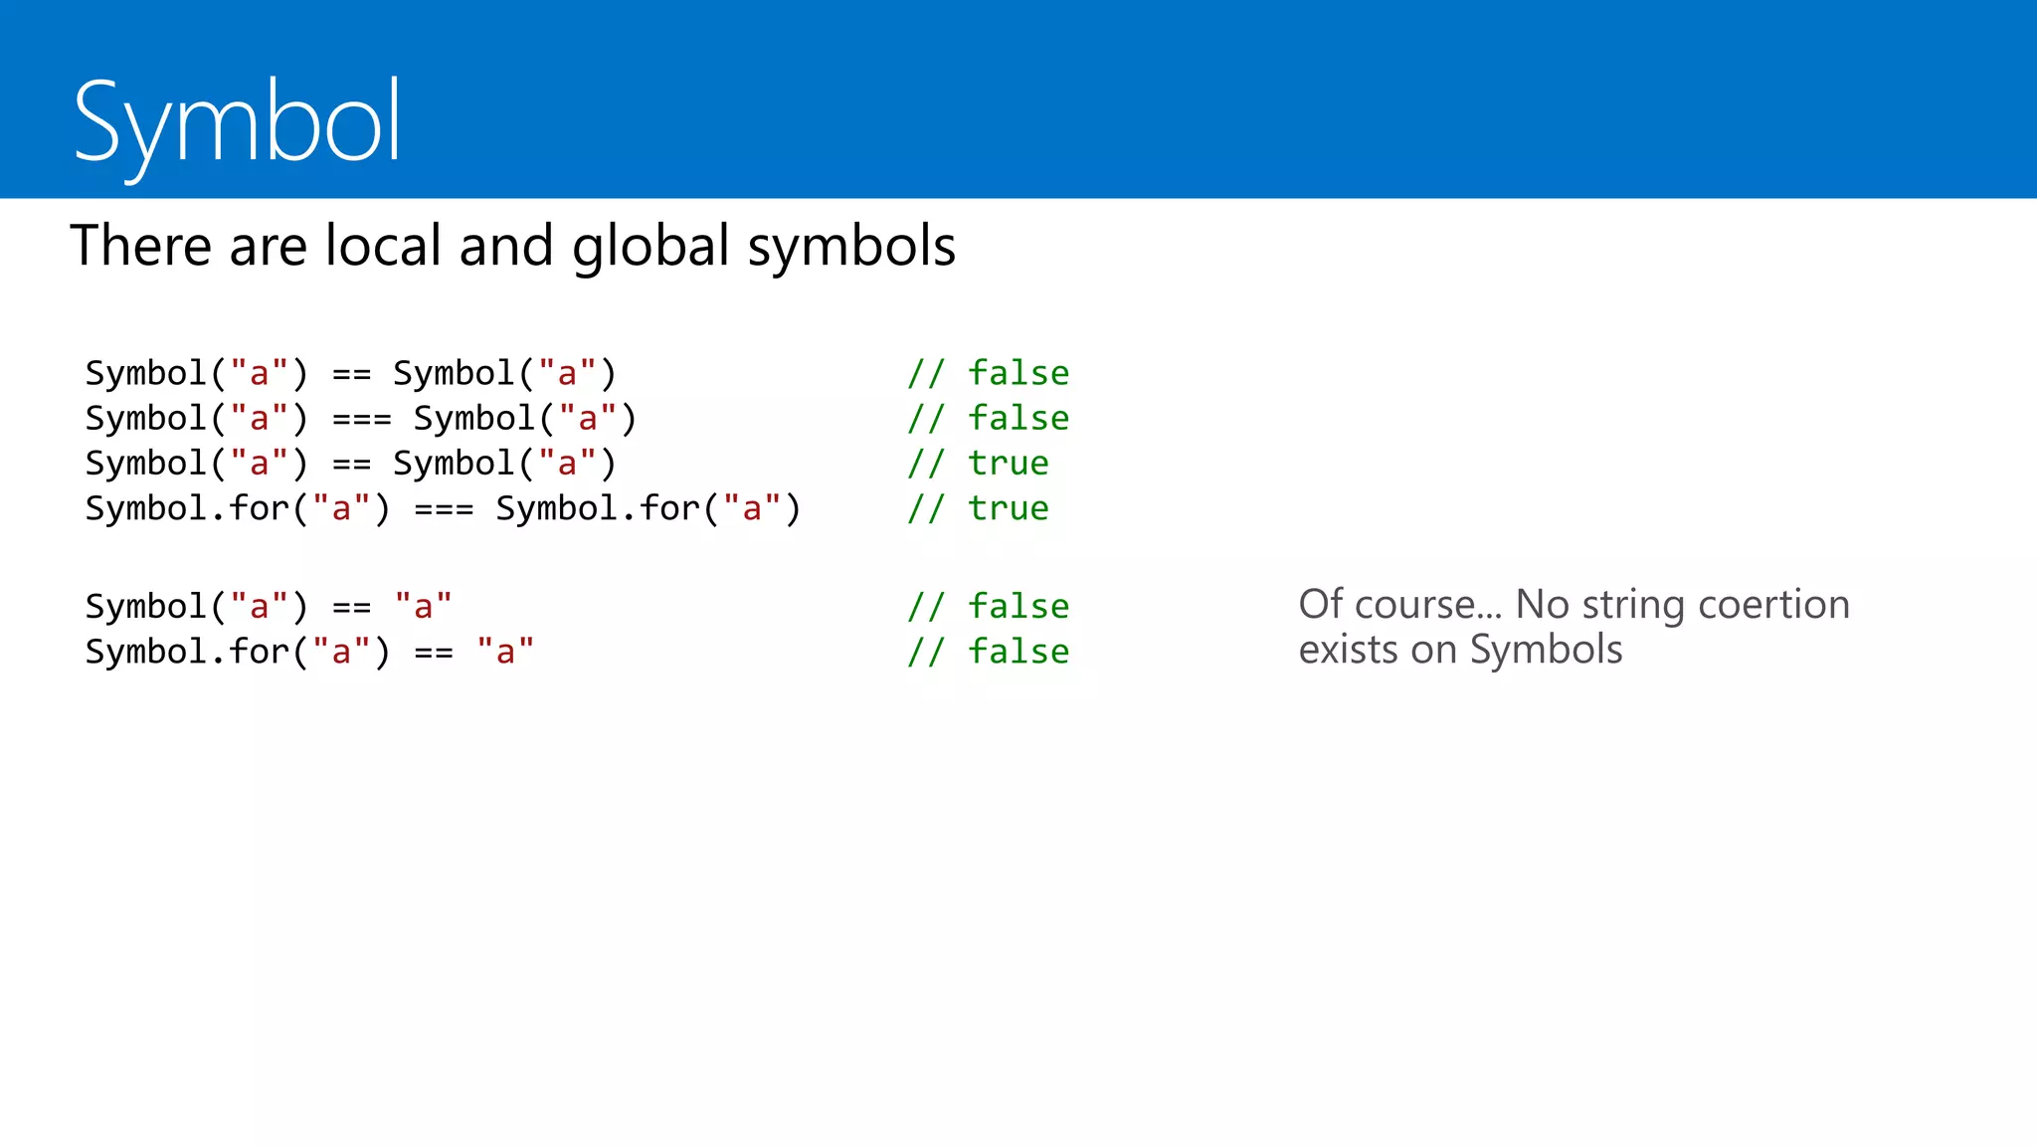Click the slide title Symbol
point(237,123)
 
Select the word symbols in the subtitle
point(851,246)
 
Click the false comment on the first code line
point(1018,373)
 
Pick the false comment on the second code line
point(1018,418)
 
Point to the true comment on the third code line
point(1009,464)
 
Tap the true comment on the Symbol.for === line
point(1009,508)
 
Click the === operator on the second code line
point(362,419)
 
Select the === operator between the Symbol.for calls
point(444,509)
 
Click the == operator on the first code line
point(351,374)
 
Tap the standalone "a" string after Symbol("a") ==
point(423,606)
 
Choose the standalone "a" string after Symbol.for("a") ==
point(505,652)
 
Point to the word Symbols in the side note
point(1546,651)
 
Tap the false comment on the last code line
point(1018,652)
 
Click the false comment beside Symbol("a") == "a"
point(1018,606)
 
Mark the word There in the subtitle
point(140,246)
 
